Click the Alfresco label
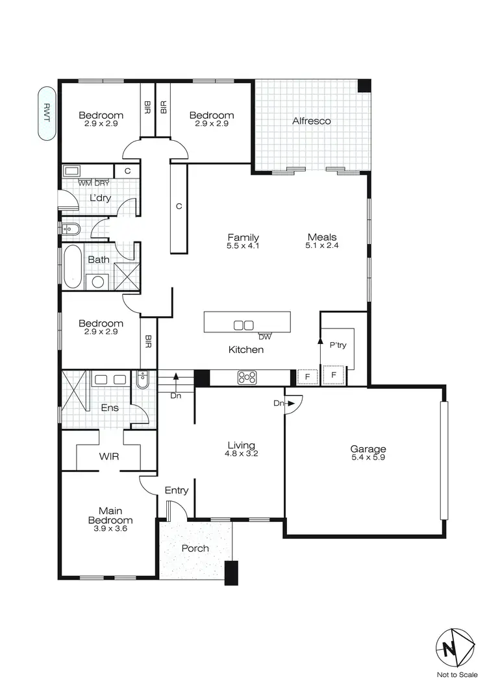pos(312,121)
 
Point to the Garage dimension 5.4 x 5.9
pos(368,458)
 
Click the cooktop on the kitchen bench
pos(247,376)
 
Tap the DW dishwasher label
pos(264,337)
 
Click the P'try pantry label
pos(338,345)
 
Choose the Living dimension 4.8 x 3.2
pos(240,454)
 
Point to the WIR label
pos(108,456)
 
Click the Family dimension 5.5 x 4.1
pos(243,246)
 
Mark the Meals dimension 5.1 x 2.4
pos(322,246)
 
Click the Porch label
pos(195,548)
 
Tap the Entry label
pos(176,490)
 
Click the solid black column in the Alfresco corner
pos(364,86)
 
